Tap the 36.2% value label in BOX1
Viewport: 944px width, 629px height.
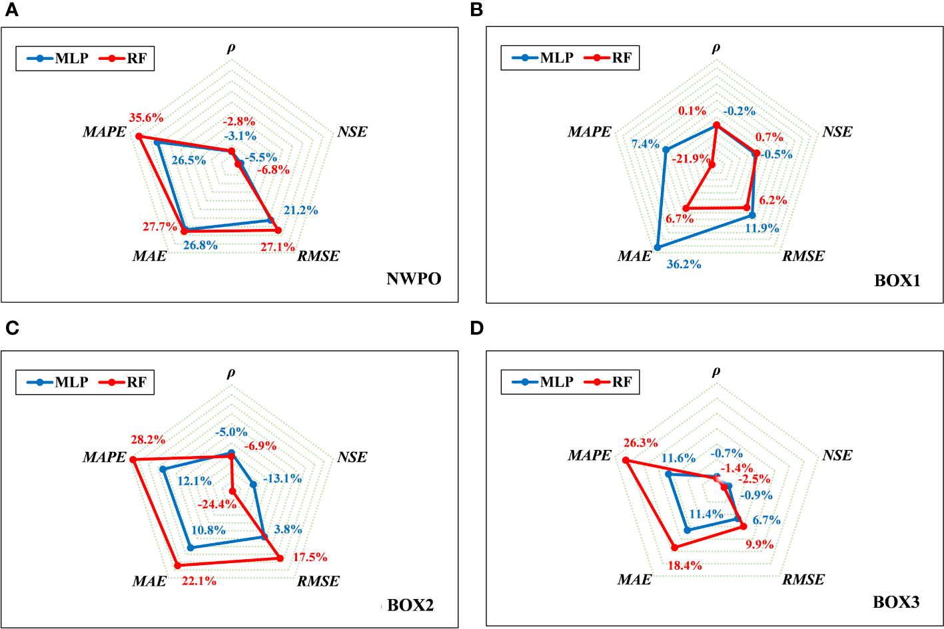click(684, 264)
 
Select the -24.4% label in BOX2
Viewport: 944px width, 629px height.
click(217, 504)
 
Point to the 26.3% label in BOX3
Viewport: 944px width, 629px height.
click(640, 443)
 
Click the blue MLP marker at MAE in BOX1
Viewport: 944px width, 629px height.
click(658, 247)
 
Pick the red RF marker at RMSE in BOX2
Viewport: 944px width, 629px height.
click(280, 559)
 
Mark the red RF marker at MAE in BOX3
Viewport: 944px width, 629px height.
click(674, 547)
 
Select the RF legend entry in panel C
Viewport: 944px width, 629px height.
click(127, 383)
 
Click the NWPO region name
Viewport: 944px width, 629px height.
click(414, 279)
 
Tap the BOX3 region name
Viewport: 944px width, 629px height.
click(896, 602)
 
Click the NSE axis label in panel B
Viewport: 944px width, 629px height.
click(837, 132)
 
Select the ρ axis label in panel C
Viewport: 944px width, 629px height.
click(231, 373)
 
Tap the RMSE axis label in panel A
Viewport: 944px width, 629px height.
click(318, 256)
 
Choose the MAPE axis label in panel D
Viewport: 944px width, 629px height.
click(590, 456)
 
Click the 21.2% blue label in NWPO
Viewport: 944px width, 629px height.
click(300, 210)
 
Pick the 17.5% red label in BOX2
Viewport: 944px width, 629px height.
click(310, 557)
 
